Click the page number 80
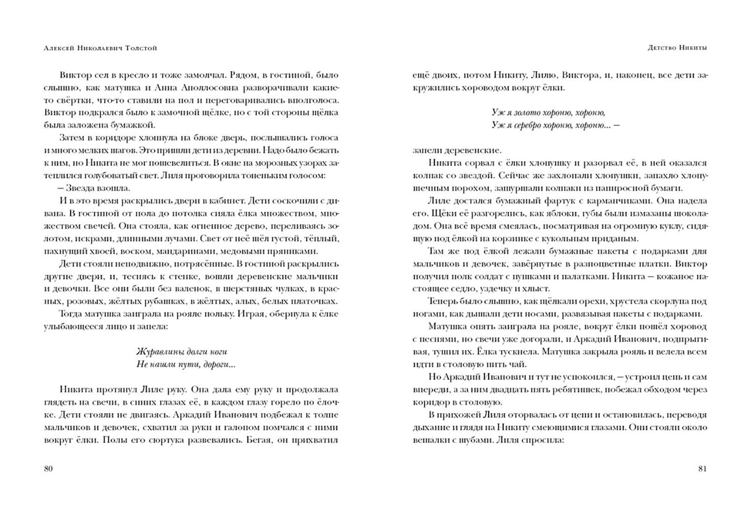[48, 468]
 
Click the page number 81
[702, 468]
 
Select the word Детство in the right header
[662, 48]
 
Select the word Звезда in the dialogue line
[79, 188]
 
